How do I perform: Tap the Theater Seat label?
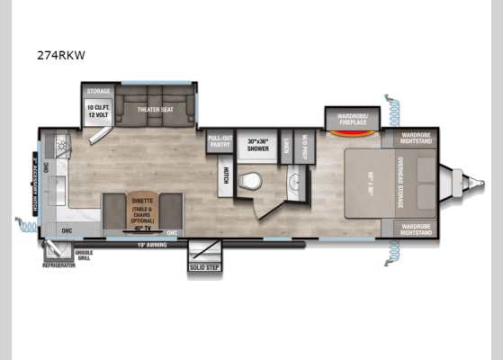coord(154,109)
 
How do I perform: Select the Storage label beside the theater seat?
coord(97,92)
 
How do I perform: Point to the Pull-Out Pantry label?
coord(220,141)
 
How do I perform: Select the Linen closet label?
coord(283,147)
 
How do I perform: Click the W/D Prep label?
coord(305,147)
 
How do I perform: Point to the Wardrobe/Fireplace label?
coord(353,118)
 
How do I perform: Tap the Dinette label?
coord(142,202)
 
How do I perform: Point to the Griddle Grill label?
coord(84,255)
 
